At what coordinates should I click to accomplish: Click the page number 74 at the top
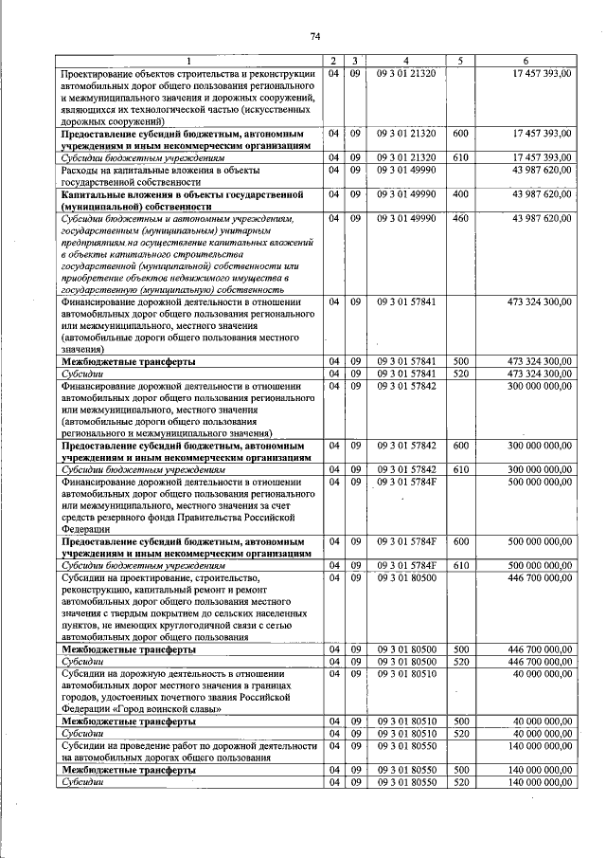point(315,36)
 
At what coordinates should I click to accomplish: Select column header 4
point(405,62)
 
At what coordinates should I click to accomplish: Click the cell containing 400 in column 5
point(460,193)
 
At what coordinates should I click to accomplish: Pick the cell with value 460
point(460,219)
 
